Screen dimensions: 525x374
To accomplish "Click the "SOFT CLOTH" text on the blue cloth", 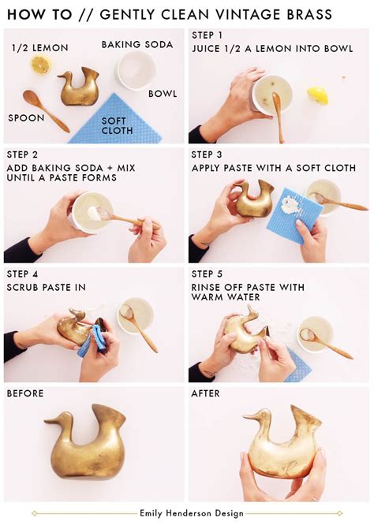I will click(x=118, y=125).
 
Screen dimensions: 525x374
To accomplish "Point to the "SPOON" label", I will click(x=26, y=118).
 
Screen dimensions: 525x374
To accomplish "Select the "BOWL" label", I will click(x=163, y=93).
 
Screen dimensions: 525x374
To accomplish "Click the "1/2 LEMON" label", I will click(x=39, y=48).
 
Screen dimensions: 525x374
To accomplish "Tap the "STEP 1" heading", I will click(x=208, y=35).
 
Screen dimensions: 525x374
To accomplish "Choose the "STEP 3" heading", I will click(x=208, y=155).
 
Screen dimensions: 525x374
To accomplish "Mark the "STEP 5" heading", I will click(x=208, y=274).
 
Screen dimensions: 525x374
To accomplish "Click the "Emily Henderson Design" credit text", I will click(x=187, y=512).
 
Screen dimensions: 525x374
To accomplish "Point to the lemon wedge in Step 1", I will click(x=318, y=95).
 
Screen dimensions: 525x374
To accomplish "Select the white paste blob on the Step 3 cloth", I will click(x=290, y=204).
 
